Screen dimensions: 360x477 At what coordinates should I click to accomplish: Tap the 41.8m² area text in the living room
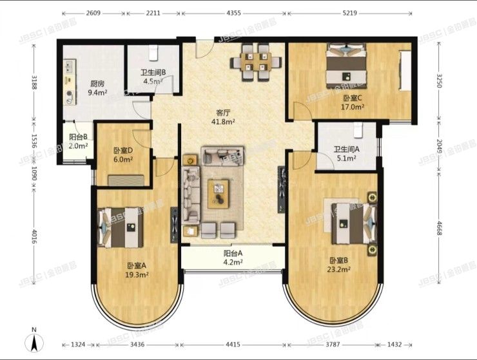click(224, 120)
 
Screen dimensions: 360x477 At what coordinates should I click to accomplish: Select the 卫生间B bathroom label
click(154, 73)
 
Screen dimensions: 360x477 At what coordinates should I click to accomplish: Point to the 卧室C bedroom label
click(352, 98)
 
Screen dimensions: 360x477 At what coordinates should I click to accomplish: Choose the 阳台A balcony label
click(233, 253)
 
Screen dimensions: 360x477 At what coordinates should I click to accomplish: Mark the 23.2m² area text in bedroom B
click(340, 269)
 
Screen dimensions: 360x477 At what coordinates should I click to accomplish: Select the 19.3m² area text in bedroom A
click(138, 274)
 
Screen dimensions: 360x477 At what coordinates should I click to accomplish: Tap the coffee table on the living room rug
click(218, 192)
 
